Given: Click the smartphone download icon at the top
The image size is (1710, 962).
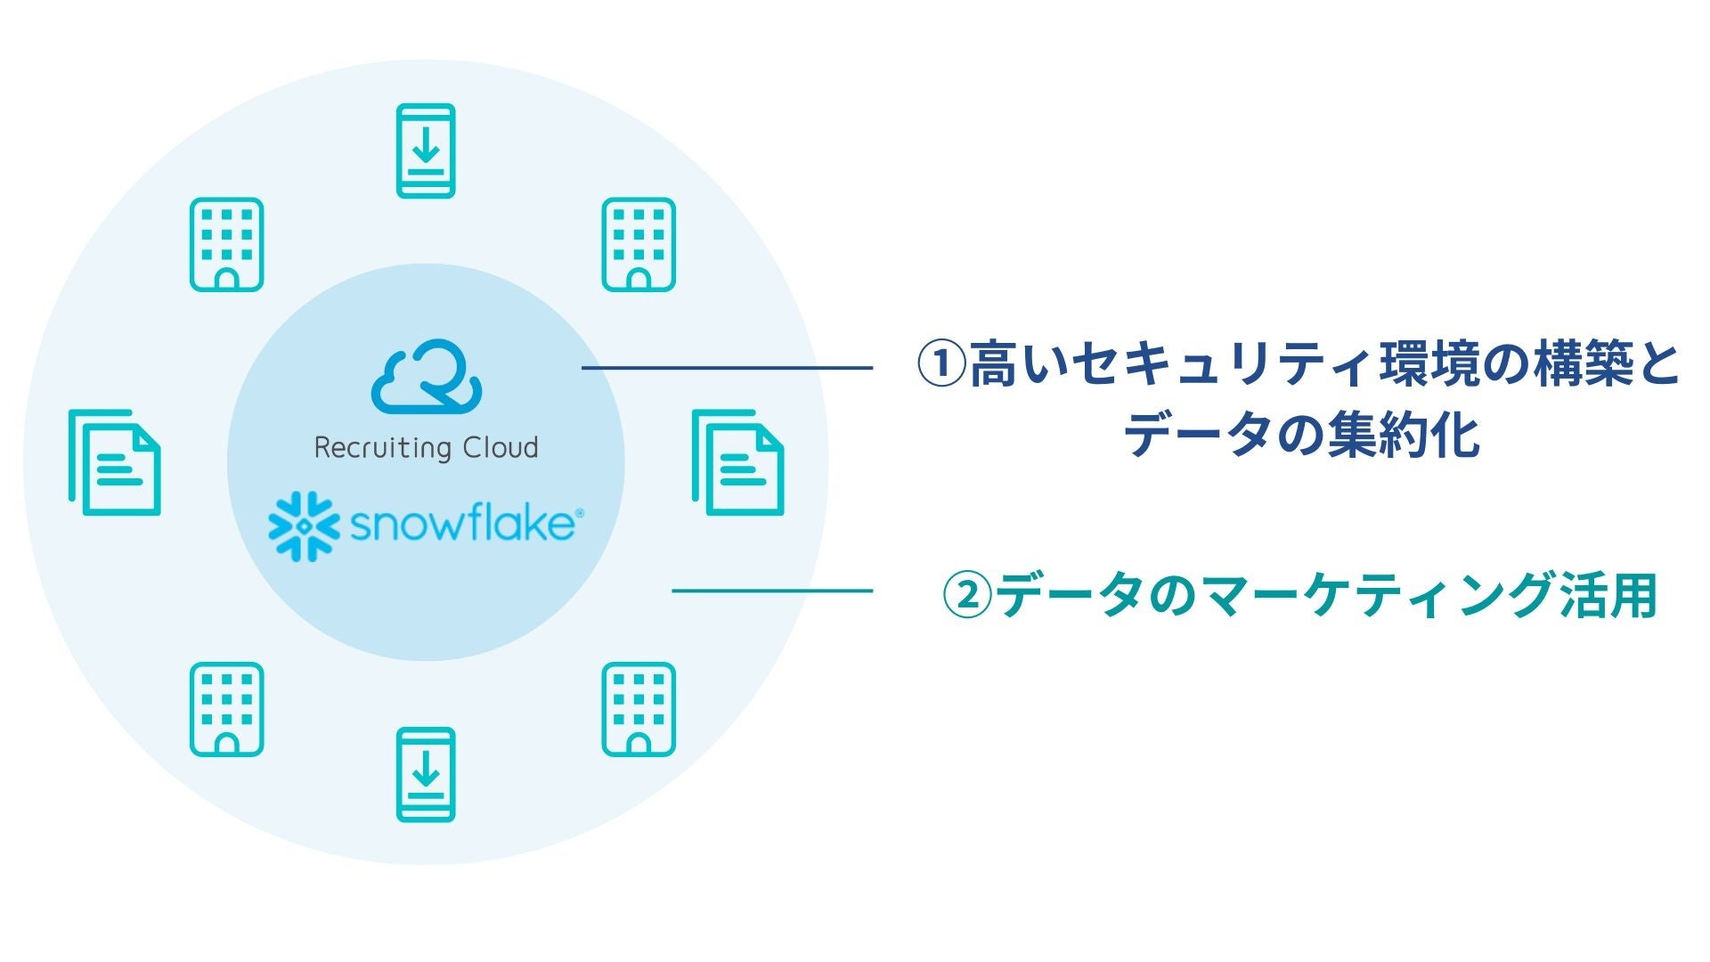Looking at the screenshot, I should [426, 151].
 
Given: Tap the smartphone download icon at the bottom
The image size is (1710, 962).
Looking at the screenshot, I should [426, 775].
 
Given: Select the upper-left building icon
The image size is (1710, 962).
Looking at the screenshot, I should [226, 244].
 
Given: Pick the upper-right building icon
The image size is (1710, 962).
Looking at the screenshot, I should [639, 244].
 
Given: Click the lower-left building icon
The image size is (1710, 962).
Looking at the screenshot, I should [226, 709].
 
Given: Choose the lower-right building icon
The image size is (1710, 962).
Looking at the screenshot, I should [639, 709].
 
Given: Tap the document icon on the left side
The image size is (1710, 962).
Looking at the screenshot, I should [115, 462].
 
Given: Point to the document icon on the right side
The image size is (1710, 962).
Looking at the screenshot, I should [738, 462].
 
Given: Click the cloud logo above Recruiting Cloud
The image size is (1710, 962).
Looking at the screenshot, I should [427, 377].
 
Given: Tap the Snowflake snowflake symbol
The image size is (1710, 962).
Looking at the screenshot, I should [304, 526].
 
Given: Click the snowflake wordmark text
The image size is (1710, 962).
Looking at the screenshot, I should [463, 524].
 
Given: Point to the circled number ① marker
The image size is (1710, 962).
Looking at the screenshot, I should [941, 366].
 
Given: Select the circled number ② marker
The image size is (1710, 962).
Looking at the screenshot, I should [966, 595].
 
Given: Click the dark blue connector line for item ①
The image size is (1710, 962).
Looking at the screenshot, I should [727, 367].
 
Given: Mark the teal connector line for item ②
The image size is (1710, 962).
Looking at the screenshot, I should [771, 590].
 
